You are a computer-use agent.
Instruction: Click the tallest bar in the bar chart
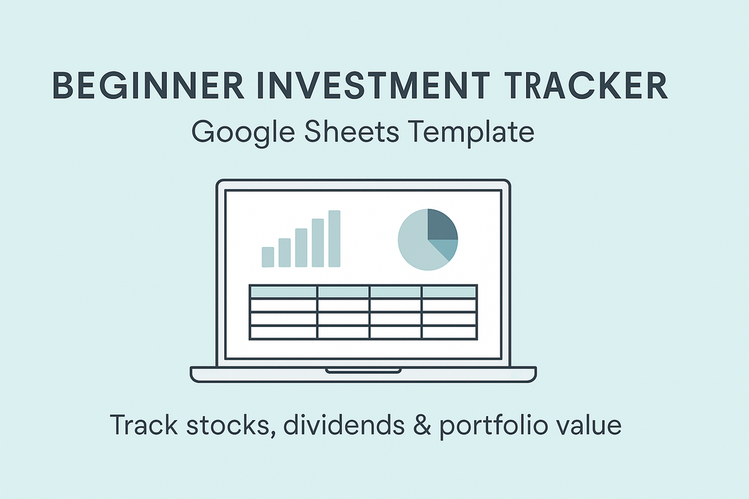click(x=334, y=238)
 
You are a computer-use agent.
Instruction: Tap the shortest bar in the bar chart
click(x=268, y=256)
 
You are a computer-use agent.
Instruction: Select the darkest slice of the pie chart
click(x=442, y=224)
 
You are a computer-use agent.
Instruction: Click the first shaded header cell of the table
click(x=283, y=291)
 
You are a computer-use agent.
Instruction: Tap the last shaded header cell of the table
click(x=449, y=291)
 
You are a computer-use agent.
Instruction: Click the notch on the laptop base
click(x=363, y=370)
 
